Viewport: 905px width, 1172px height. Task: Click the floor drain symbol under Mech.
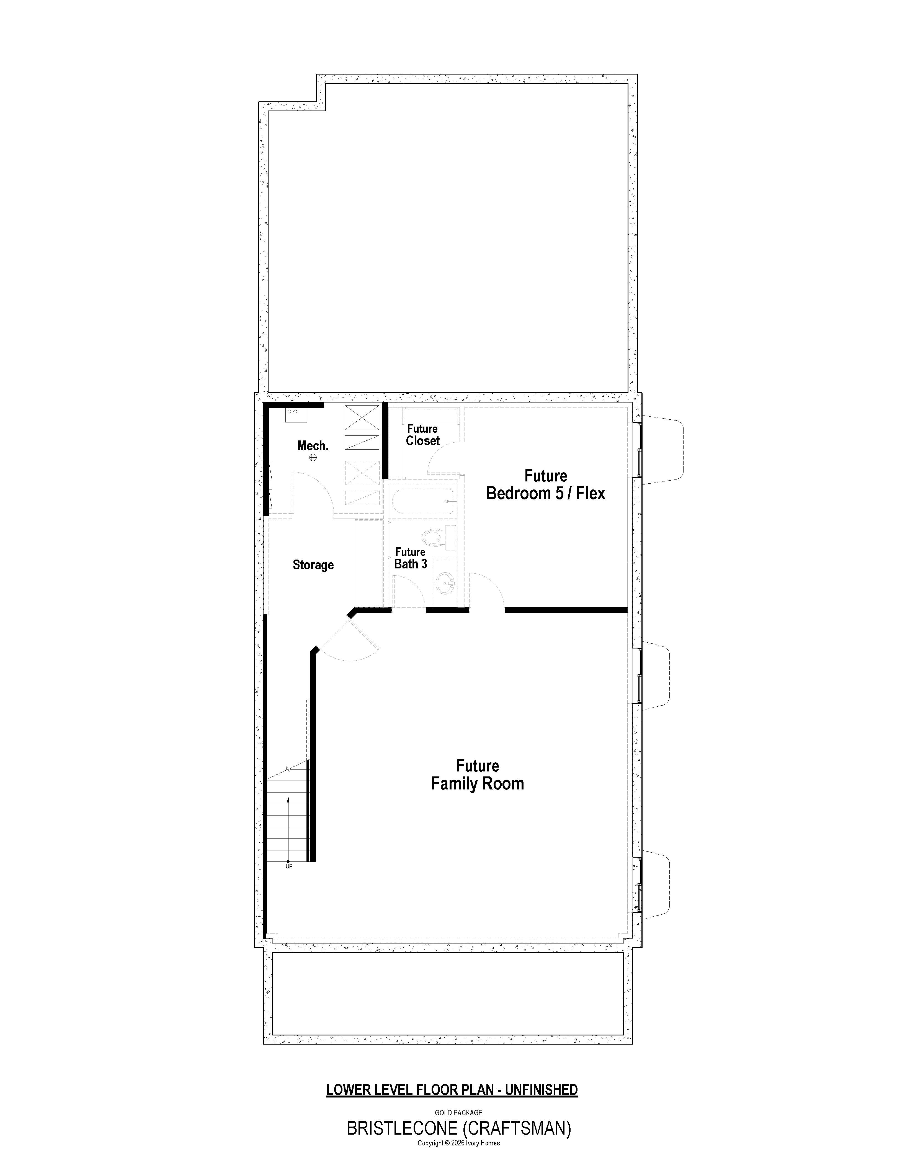click(x=313, y=458)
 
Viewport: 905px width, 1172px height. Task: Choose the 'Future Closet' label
click(x=423, y=435)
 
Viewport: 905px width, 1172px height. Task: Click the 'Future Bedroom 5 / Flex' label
click(x=546, y=484)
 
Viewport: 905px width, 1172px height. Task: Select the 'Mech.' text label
click(x=313, y=445)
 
